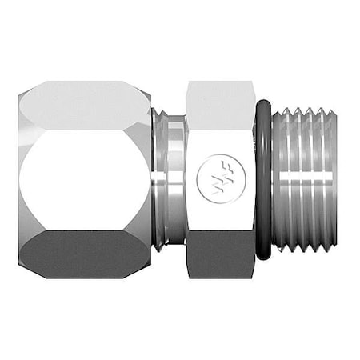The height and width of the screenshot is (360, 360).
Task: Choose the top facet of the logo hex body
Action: pyautogui.click(x=220, y=100)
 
